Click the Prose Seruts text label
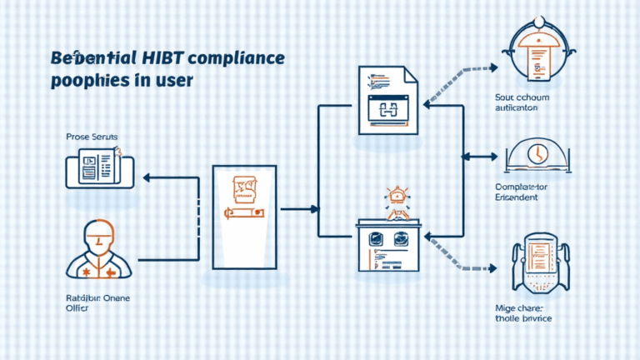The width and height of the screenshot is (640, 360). point(93,135)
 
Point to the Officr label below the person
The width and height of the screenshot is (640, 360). point(78,308)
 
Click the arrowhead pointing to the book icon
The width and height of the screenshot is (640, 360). point(147,177)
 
